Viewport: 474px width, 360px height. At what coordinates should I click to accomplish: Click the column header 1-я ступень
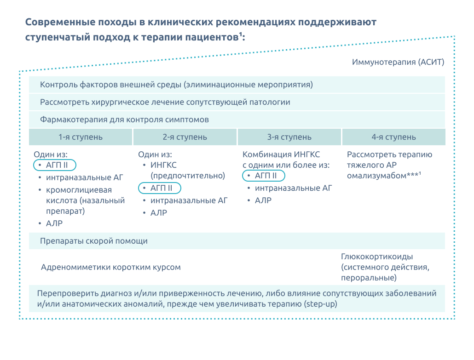click(x=81, y=137)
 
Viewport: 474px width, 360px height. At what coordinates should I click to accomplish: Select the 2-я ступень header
click(x=185, y=137)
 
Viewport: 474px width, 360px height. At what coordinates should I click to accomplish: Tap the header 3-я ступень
click(x=289, y=137)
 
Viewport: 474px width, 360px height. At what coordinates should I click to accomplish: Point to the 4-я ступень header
click(x=393, y=137)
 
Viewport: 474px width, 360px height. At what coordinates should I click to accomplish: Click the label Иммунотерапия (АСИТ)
click(x=398, y=62)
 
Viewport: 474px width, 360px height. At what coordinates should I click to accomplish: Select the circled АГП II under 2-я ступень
click(x=159, y=188)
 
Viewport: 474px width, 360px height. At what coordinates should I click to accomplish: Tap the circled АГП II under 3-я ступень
click(x=264, y=176)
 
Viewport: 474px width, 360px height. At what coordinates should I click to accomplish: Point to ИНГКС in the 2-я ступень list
click(x=163, y=165)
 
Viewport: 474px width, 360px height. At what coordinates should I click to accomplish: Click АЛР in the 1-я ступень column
click(x=54, y=223)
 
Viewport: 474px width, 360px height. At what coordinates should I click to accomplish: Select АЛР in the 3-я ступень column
click(x=263, y=200)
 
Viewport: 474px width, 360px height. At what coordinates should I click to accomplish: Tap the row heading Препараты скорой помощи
click(x=94, y=241)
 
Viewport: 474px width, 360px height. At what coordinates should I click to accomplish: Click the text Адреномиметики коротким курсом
click(x=110, y=267)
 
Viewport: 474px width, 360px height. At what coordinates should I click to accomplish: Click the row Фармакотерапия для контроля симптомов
click(x=124, y=120)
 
